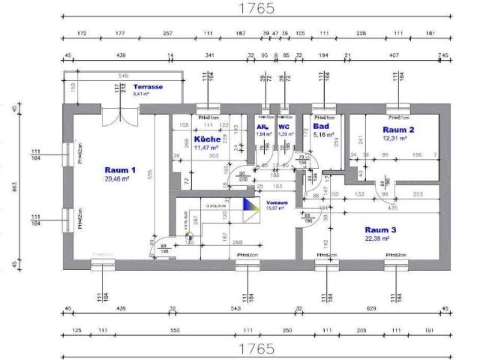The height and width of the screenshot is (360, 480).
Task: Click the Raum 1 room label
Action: click(x=120, y=170)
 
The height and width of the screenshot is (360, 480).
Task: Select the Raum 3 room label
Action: click(x=380, y=229)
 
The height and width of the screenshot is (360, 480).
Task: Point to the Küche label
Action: click(x=206, y=139)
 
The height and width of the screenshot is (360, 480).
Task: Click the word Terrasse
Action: click(x=147, y=87)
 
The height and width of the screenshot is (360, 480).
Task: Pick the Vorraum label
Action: click(x=276, y=202)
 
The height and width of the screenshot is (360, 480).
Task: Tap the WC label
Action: click(x=284, y=127)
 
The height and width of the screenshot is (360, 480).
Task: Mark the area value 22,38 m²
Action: click(x=380, y=238)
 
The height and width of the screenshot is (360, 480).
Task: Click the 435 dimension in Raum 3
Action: click(x=392, y=206)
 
